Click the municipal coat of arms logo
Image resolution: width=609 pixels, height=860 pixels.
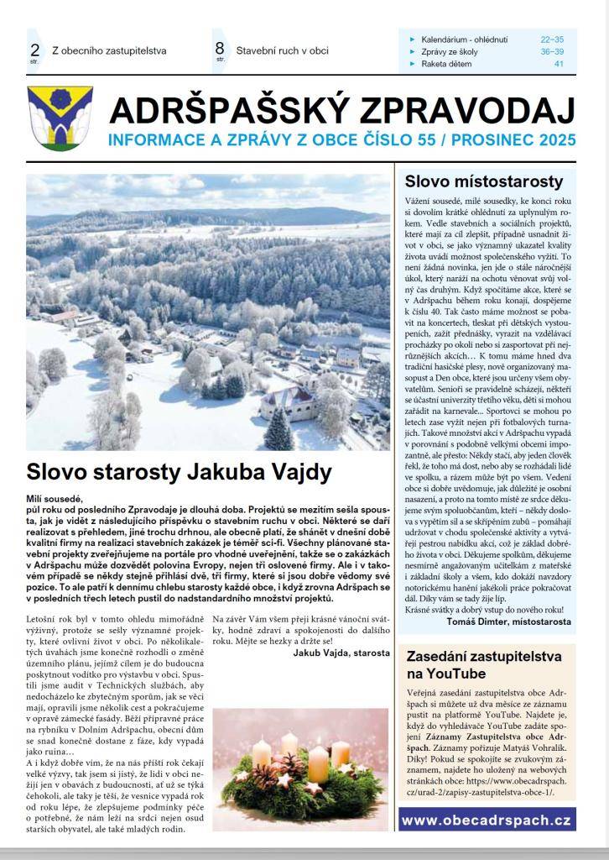pos(60,118)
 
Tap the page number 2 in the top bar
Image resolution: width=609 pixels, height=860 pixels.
pos(34,49)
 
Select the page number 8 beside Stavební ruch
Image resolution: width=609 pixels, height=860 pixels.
pos(219,49)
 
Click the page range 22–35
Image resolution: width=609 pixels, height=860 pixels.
pos(552,39)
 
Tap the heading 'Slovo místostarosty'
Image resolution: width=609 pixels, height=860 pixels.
pos(483,181)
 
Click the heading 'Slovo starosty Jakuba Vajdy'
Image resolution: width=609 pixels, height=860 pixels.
pos(180,471)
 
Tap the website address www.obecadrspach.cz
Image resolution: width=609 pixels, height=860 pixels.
pos(486,819)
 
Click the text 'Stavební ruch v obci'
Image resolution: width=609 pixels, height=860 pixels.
pos(282,50)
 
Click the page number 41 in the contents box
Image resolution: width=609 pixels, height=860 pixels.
pos(558,64)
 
